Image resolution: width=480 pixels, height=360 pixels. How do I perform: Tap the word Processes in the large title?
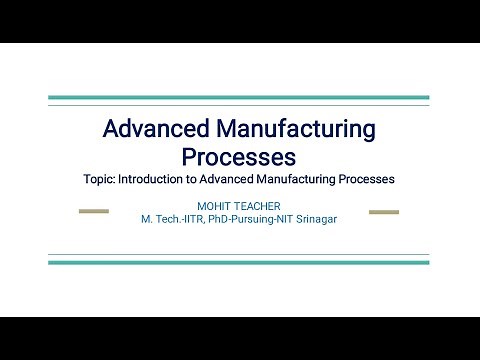click(239, 157)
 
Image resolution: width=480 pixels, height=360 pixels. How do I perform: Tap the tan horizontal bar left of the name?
click(94, 212)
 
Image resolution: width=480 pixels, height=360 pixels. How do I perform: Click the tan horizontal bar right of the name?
click(384, 212)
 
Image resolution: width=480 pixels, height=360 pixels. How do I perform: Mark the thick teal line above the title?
click(239, 98)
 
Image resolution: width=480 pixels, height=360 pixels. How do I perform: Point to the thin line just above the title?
click(239, 105)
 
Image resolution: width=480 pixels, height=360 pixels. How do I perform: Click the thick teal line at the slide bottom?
click(239, 262)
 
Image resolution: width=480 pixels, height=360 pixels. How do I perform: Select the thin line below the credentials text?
click(239, 255)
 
